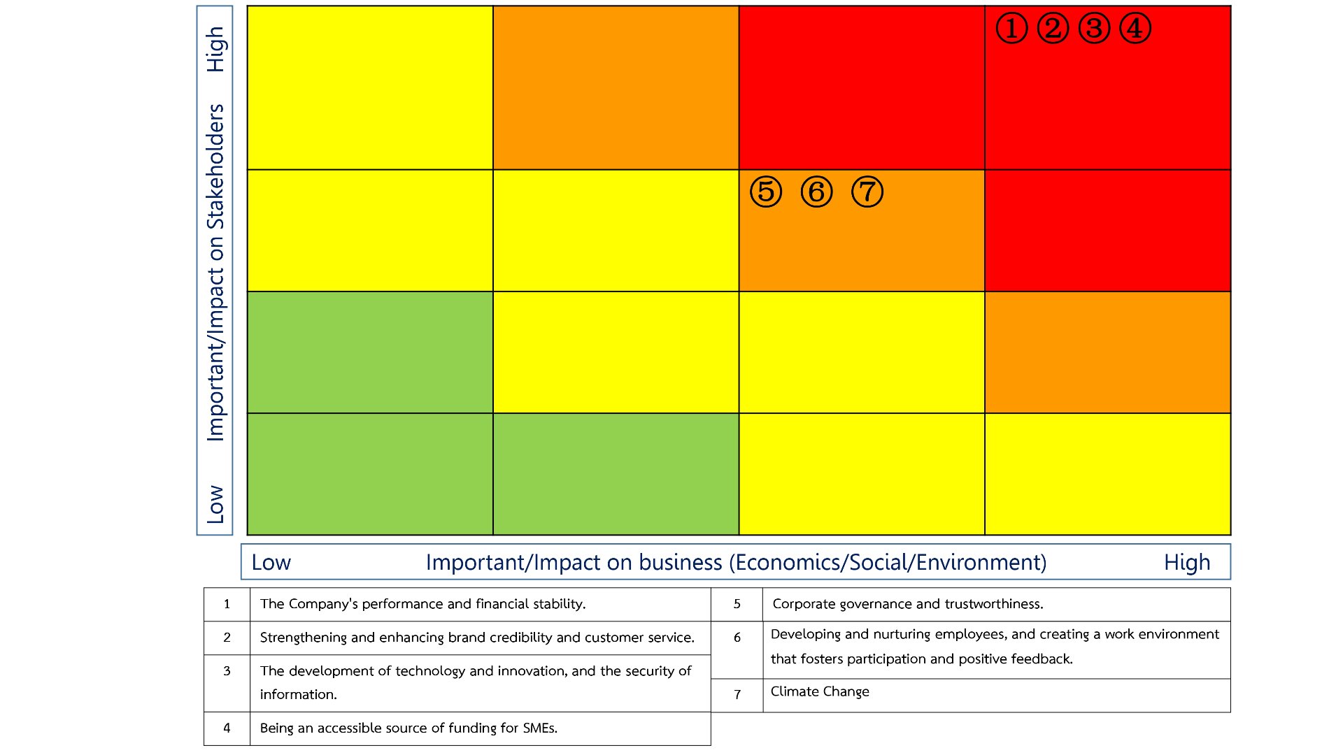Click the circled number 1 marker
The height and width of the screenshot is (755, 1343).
point(1011,29)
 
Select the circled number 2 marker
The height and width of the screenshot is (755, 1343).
point(1053,29)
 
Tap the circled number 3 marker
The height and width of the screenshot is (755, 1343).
point(1094,29)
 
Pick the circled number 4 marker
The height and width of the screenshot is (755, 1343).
point(1135,29)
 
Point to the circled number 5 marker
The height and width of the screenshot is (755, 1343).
point(766,192)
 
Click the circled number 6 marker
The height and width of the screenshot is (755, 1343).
point(816,192)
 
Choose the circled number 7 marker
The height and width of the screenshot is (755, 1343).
point(867,192)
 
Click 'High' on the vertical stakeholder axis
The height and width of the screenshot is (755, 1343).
point(215,49)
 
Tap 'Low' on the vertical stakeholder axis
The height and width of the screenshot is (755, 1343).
point(215,504)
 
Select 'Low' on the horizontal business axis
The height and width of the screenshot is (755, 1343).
point(271,562)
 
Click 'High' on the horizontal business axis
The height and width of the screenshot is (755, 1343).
point(1187,562)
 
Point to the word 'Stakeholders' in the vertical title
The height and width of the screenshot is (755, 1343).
point(215,166)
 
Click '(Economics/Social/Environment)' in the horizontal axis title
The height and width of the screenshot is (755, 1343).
point(888,562)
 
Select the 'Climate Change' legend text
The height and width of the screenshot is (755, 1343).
point(820,691)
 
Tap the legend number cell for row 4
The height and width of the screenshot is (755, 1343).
point(227,728)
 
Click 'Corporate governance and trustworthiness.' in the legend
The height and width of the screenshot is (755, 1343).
point(907,604)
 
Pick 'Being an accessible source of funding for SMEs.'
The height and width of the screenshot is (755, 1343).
point(408,728)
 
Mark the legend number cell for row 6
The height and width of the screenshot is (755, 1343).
point(737,638)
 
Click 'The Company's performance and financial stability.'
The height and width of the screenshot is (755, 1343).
point(422,604)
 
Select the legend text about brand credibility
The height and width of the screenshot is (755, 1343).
point(477,638)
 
